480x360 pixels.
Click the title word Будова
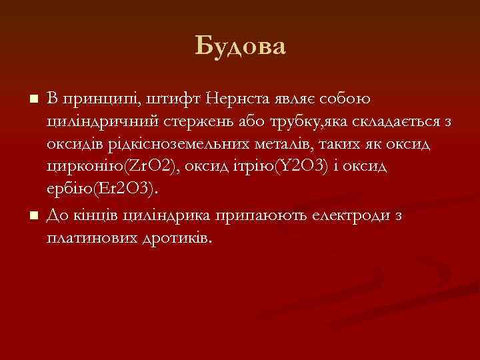point(241,46)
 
